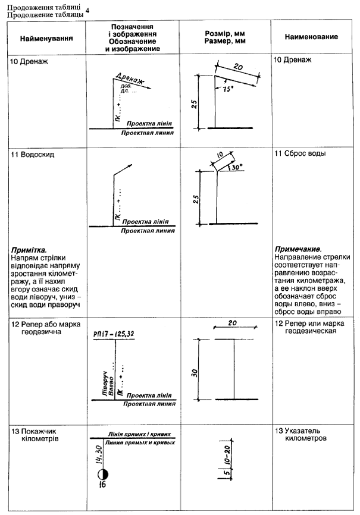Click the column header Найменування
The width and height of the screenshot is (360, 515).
coord(46,37)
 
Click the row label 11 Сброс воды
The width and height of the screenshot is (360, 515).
coord(300,153)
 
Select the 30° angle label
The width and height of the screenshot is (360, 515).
coord(236,168)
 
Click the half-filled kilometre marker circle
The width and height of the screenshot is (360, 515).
coord(102,474)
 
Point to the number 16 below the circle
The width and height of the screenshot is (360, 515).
coord(102,486)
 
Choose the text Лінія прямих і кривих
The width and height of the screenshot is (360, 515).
coord(139,435)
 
